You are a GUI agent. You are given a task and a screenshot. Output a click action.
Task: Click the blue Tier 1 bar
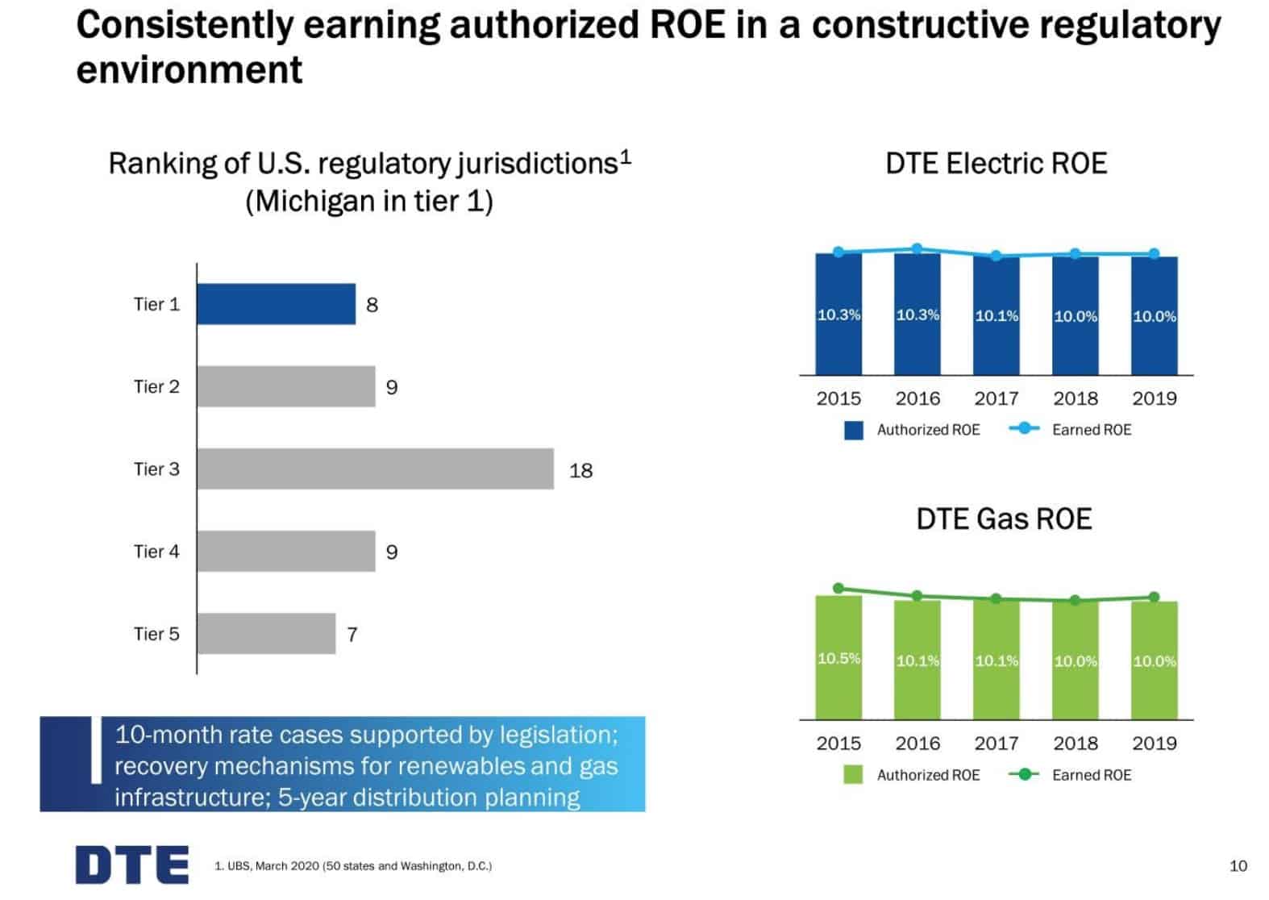[276, 304]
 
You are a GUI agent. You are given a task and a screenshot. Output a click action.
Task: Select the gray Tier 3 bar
[375, 469]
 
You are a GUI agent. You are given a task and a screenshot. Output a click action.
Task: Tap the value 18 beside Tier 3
[580, 470]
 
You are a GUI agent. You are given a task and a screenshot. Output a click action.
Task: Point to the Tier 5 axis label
[156, 634]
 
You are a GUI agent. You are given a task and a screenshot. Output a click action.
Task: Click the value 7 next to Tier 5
[352, 635]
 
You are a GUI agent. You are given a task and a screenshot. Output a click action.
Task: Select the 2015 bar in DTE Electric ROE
[838, 339]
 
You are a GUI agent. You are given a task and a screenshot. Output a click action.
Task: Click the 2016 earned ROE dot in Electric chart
[917, 249]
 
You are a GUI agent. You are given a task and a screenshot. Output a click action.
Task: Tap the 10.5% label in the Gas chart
[838, 658]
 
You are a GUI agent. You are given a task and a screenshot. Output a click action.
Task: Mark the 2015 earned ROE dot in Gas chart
[838, 589]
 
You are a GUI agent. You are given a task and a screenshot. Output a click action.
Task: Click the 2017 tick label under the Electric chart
[996, 398]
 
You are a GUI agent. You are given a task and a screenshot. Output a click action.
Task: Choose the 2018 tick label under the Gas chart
[1075, 744]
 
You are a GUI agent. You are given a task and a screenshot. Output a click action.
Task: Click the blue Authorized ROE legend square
[853, 430]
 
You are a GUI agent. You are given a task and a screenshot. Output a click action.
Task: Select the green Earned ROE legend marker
[1024, 775]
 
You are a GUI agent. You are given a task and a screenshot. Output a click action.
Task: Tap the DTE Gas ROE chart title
[1004, 519]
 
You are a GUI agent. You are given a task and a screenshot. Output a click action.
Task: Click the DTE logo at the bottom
[132, 865]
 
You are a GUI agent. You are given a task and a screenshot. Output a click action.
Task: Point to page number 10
[1238, 866]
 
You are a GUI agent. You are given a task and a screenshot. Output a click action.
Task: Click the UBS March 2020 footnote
[353, 866]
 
